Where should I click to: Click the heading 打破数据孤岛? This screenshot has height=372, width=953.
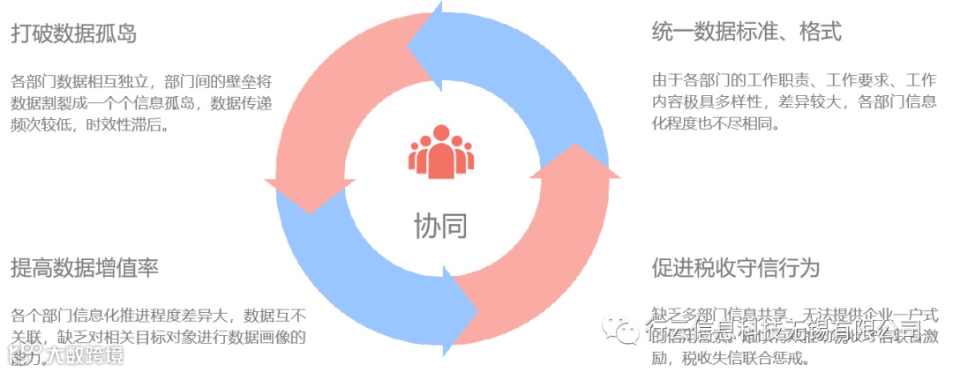[73, 33]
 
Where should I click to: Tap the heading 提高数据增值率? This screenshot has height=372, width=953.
[85, 268]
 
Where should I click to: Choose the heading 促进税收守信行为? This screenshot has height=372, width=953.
[736, 268]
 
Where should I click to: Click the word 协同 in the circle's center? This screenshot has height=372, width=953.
[440, 226]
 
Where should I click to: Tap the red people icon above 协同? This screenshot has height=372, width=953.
[440, 153]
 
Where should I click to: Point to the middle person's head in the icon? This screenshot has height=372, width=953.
[440, 135]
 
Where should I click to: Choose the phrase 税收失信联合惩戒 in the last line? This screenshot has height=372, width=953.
[758, 359]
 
